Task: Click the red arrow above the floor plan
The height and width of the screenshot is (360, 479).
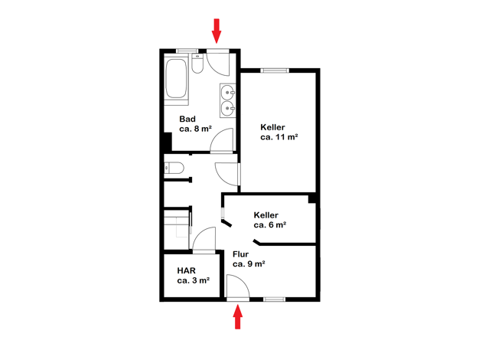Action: [217, 31]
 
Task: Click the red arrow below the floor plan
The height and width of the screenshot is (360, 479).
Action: [238, 317]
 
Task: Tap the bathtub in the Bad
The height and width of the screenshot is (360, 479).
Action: [176, 79]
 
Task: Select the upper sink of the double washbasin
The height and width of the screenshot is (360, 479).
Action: [227, 92]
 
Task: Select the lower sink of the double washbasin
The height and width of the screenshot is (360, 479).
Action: [227, 108]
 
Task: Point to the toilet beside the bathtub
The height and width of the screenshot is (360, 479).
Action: [197, 64]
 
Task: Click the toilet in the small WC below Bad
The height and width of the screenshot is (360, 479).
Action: [174, 168]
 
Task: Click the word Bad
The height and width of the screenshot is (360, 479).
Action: [187, 119]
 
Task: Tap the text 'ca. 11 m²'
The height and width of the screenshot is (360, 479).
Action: [279, 137]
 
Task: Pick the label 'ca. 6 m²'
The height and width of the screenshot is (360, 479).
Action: [270, 225]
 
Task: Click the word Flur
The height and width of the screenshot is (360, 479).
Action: [240, 254]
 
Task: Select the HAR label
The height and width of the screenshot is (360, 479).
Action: [186, 270]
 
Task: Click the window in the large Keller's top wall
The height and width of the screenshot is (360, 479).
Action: [275, 70]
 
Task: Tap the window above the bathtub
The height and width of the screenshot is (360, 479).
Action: [187, 51]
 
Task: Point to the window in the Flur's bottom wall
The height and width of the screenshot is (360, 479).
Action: [275, 299]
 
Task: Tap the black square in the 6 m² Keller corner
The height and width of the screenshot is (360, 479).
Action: [312, 198]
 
